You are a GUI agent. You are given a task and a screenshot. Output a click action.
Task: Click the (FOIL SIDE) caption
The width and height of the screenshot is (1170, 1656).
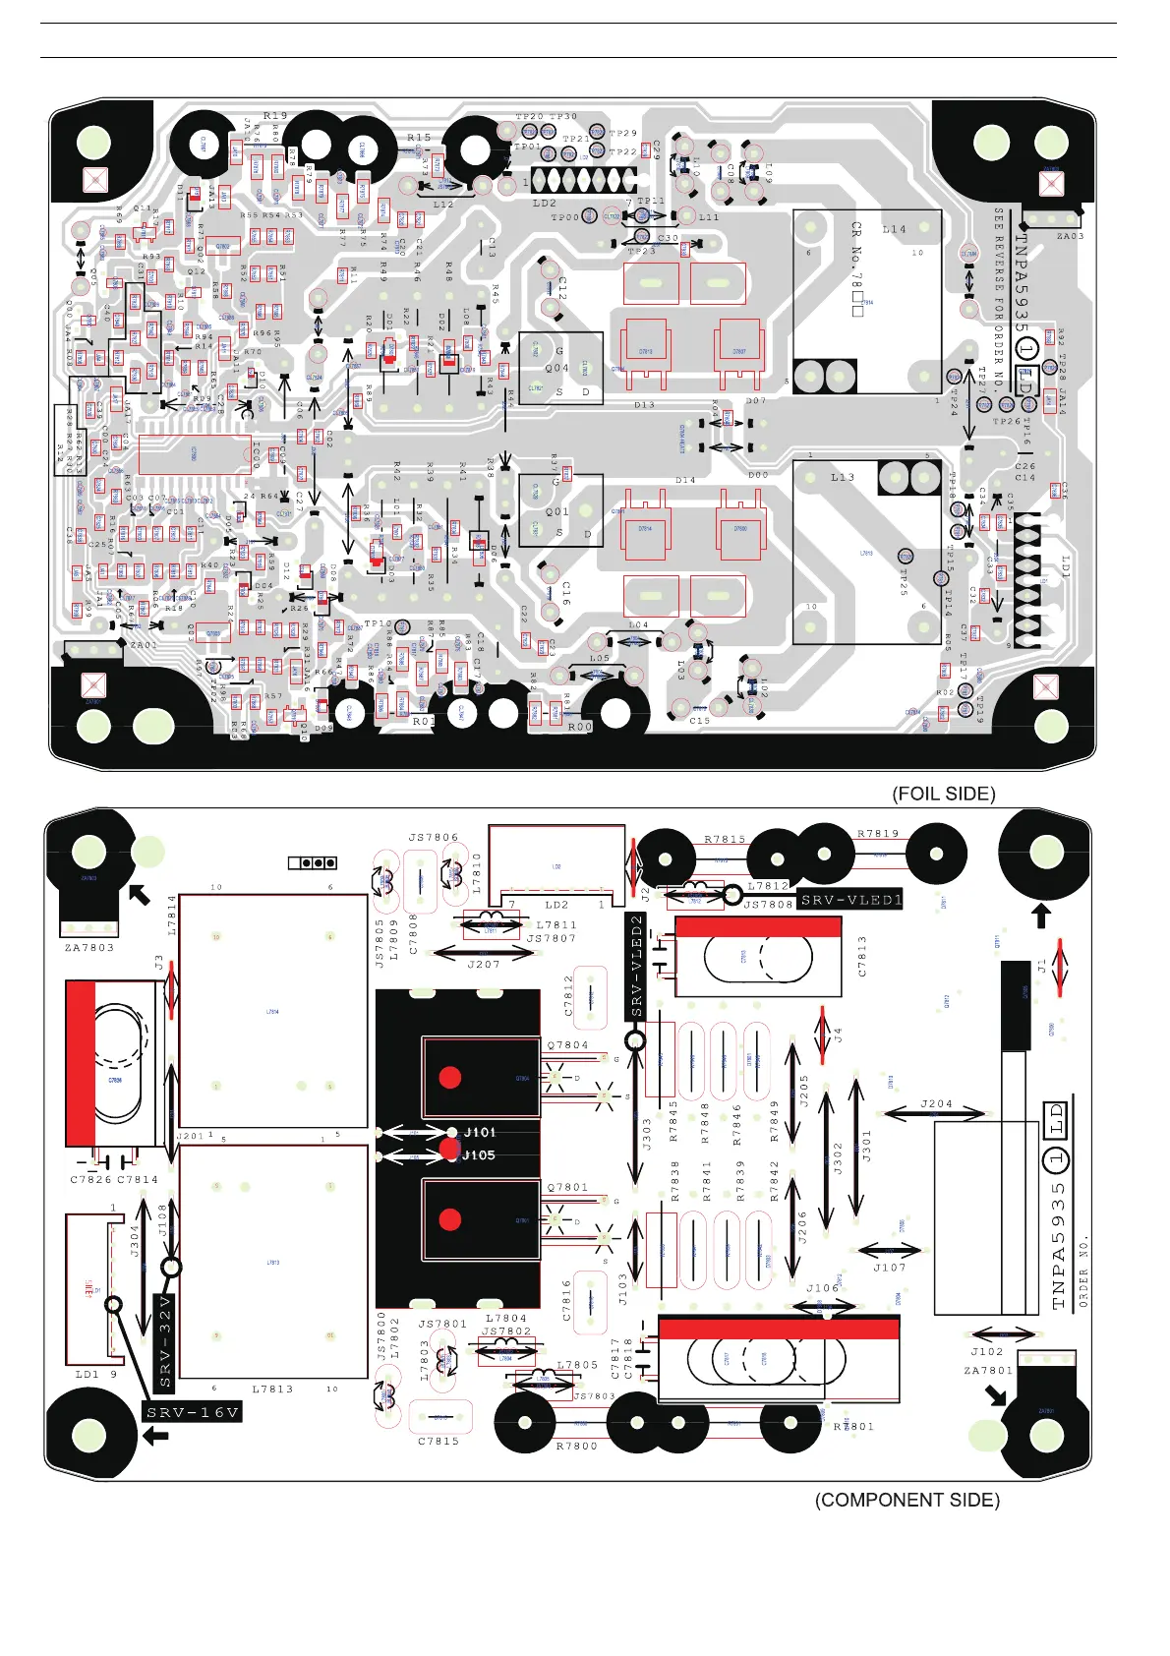coord(943,794)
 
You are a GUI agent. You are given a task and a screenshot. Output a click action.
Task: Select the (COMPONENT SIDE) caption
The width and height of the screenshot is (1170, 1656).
coord(907,1500)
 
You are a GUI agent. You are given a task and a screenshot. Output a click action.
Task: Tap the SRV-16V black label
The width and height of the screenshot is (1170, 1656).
coord(193,1413)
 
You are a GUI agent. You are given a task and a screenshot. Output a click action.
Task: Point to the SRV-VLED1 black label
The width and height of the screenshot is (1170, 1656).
coord(849,900)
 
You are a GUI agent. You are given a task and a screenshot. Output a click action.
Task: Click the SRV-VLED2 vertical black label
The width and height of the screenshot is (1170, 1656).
coord(636,966)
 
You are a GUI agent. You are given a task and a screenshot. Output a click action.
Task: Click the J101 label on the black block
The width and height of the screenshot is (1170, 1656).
coord(480,1133)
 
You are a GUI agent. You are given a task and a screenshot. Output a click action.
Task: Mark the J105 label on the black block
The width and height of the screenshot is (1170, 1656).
coord(479,1154)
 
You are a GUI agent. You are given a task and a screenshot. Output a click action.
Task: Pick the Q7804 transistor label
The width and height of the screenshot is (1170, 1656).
coord(567,1045)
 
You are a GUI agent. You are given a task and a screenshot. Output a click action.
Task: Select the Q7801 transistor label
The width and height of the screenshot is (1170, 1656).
coord(567,1187)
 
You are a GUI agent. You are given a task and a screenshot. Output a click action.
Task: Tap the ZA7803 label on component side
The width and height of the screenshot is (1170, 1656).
coord(89,948)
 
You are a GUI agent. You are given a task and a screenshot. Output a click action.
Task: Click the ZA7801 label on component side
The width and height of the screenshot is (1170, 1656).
coord(988,1370)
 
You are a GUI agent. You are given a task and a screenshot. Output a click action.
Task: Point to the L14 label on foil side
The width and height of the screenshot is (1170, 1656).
coord(894,229)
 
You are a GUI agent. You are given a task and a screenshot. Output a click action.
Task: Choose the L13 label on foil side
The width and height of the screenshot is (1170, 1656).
coord(843,477)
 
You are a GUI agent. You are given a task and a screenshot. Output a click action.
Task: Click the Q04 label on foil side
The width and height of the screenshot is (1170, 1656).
coord(557,369)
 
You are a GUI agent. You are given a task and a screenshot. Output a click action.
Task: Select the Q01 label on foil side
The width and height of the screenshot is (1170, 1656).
coord(557,511)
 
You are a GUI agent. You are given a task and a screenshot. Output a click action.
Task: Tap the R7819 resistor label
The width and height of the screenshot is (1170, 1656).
coord(877,834)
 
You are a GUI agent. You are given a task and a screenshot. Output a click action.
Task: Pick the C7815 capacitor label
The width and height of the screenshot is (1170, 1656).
coord(439,1441)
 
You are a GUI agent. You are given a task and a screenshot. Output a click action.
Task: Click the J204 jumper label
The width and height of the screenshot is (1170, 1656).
coord(936,1103)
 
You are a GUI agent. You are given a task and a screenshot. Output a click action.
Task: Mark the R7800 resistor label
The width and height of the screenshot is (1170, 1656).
coord(576,1446)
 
